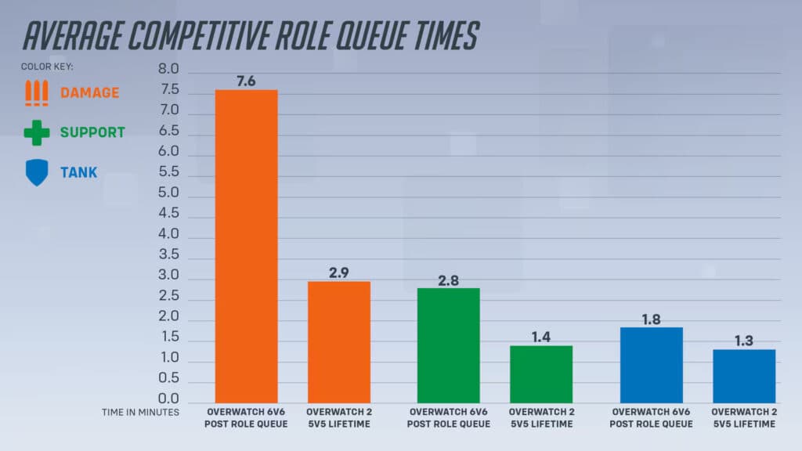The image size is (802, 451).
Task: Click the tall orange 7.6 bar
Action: point(246,246)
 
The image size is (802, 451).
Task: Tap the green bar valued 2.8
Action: point(448,345)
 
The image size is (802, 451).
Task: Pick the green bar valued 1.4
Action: point(540,374)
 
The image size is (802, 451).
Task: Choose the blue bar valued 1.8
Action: point(651,365)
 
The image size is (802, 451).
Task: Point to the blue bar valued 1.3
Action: point(743,376)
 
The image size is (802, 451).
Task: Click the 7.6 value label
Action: point(246,81)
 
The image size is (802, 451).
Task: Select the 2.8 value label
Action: point(448,280)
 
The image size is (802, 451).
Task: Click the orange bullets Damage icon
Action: point(36,92)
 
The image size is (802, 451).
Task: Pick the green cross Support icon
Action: point(36,132)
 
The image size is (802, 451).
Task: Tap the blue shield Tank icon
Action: point(36,172)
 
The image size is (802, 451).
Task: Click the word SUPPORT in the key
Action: point(92,132)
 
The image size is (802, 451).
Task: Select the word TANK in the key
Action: point(79,172)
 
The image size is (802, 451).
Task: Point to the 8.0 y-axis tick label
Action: point(168,70)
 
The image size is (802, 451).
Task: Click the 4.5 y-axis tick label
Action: point(168,214)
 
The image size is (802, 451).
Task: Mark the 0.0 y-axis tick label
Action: point(168,399)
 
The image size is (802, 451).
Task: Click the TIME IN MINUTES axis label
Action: point(140,412)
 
